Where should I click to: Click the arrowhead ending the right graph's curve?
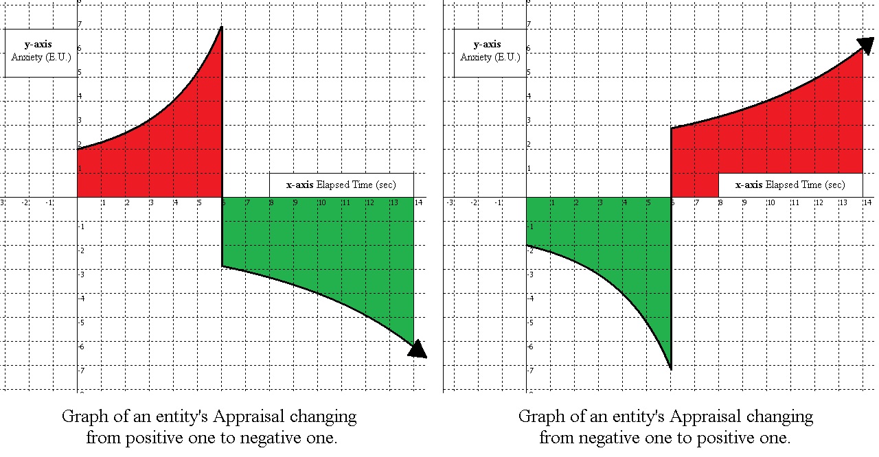866,45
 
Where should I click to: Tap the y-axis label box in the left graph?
41,51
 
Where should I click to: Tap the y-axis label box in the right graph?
490,51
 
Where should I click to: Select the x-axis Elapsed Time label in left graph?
341,185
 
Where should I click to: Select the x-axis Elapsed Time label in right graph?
790,185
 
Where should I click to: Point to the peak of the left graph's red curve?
221,27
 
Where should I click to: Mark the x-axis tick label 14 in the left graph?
418,202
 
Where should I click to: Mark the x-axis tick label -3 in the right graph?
450,202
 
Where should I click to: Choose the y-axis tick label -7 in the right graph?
529,371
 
